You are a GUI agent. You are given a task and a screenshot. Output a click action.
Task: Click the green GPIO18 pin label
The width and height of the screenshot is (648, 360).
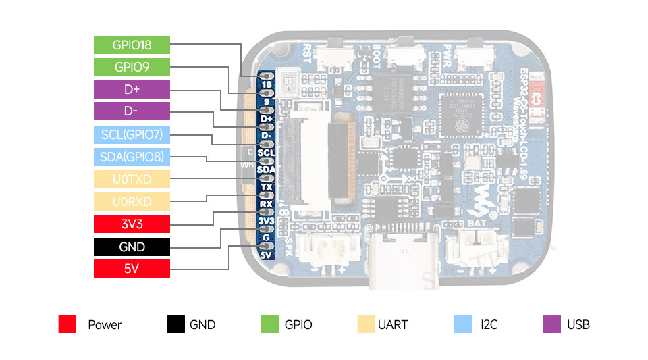132,45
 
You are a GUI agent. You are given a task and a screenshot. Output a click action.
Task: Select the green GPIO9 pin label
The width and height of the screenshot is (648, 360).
132,68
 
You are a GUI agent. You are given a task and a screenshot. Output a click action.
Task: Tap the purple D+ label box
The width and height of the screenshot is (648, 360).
132,90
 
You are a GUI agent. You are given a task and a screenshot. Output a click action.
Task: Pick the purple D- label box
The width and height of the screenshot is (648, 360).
132,112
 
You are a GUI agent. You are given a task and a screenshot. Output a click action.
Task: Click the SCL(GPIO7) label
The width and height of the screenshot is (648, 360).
132,134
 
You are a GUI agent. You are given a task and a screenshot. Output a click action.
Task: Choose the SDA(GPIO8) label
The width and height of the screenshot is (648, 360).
132,157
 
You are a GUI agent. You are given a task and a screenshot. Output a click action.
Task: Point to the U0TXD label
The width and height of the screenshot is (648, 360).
132,179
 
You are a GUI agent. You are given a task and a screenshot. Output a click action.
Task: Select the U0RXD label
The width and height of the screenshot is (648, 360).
132,201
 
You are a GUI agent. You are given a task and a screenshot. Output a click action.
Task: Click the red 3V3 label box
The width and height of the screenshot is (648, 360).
132,224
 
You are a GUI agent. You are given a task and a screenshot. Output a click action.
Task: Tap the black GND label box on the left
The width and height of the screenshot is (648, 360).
132,247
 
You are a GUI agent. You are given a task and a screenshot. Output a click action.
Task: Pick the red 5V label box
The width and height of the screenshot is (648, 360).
132,268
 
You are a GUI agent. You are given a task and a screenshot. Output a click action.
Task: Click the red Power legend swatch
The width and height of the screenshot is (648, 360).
67,324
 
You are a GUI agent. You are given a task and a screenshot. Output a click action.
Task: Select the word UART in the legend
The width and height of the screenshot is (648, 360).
393,324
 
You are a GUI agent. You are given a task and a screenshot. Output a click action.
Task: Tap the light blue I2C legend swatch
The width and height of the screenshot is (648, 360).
463,324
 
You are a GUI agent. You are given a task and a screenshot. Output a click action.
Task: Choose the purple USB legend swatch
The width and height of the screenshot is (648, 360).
551,324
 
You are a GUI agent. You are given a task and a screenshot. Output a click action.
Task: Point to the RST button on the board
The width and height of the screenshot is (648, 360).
334,57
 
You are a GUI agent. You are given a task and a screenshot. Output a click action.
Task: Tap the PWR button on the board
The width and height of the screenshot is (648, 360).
471,57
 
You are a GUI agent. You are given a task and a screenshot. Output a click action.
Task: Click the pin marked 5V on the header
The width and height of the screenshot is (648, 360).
265,255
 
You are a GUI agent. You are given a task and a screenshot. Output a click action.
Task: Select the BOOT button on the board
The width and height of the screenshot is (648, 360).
403,57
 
